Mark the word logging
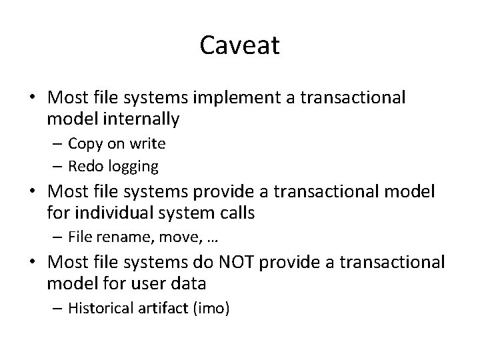pos(139,166)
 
